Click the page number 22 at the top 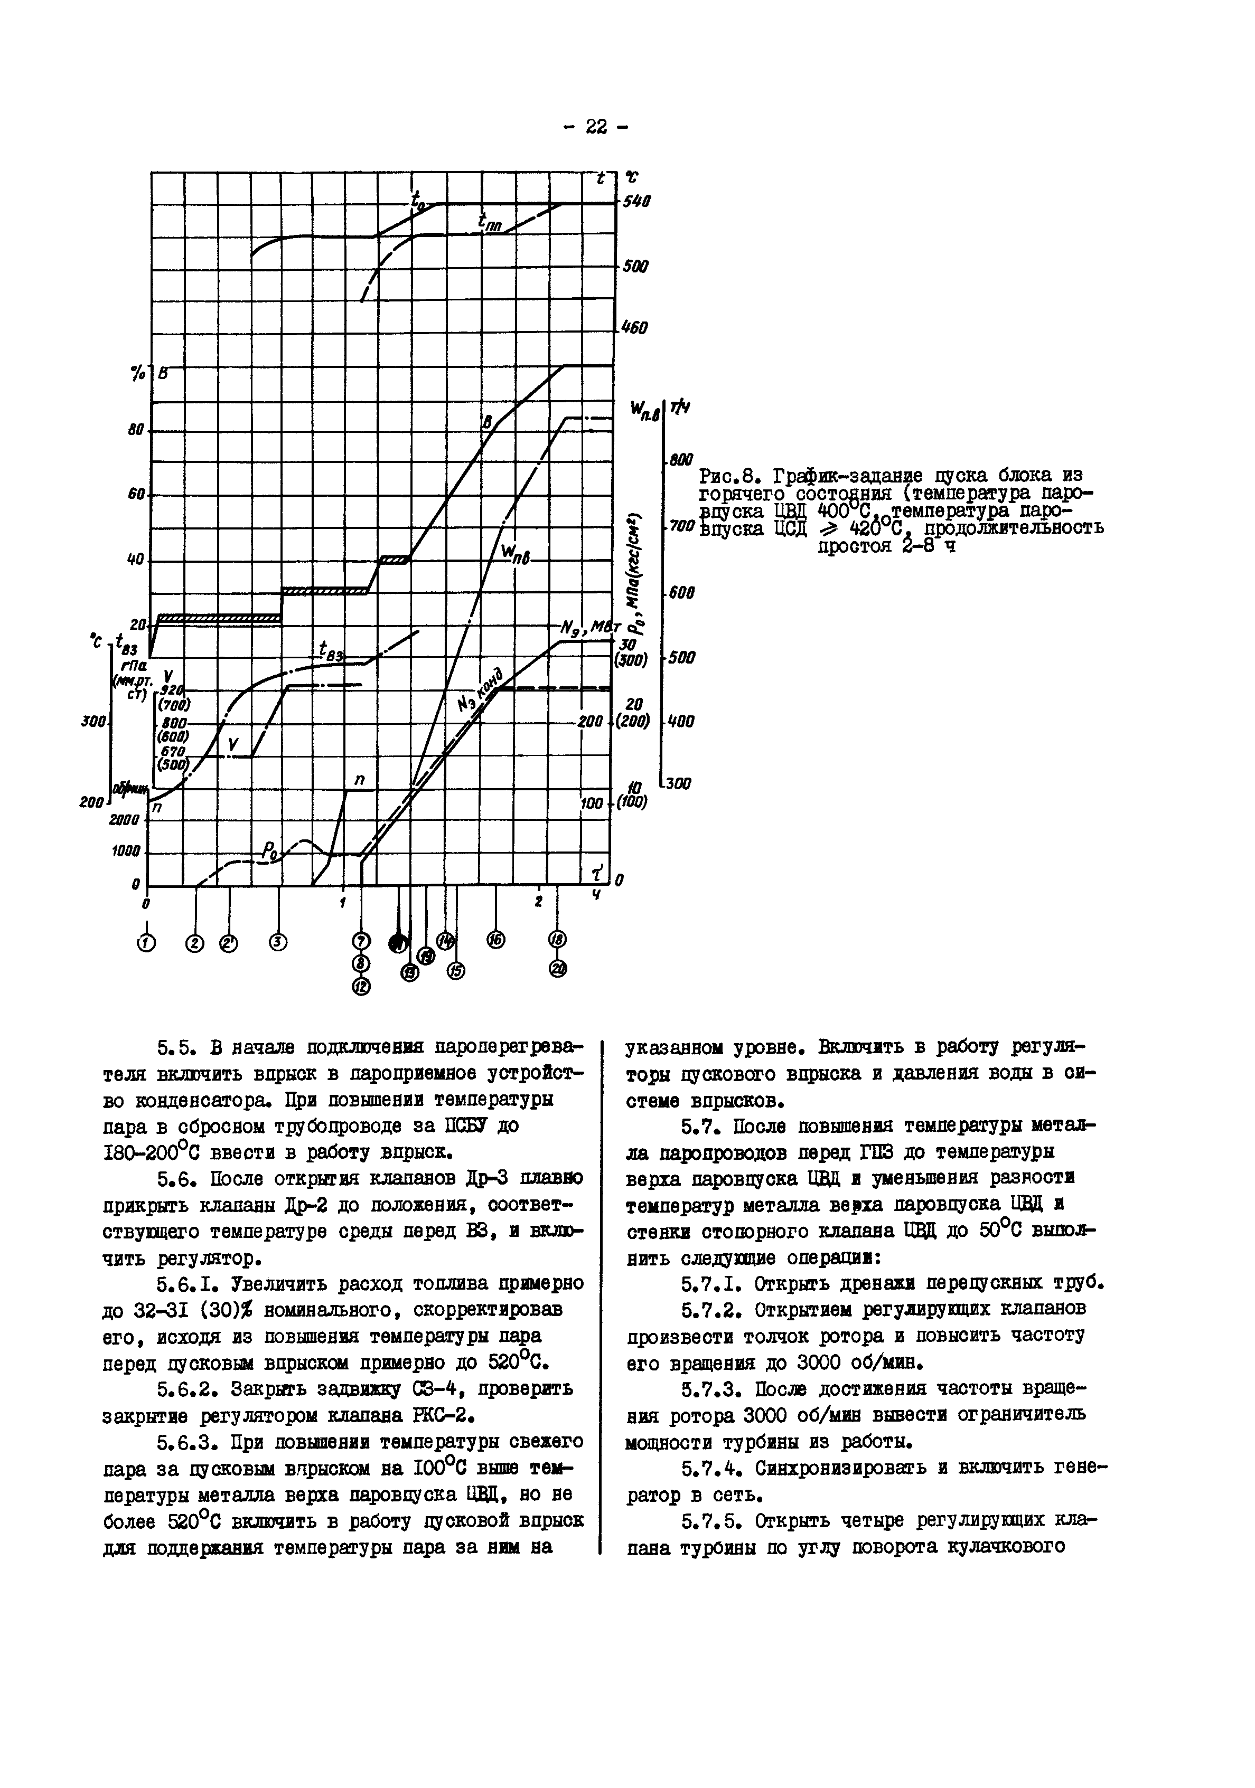(595, 127)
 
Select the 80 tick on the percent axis (136, 429)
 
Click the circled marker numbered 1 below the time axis (146, 943)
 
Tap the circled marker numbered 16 (495, 941)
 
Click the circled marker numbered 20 (558, 969)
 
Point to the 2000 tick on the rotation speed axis (125, 819)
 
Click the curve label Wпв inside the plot (515, 554)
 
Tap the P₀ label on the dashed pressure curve (269, 853)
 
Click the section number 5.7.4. (703, 1468)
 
